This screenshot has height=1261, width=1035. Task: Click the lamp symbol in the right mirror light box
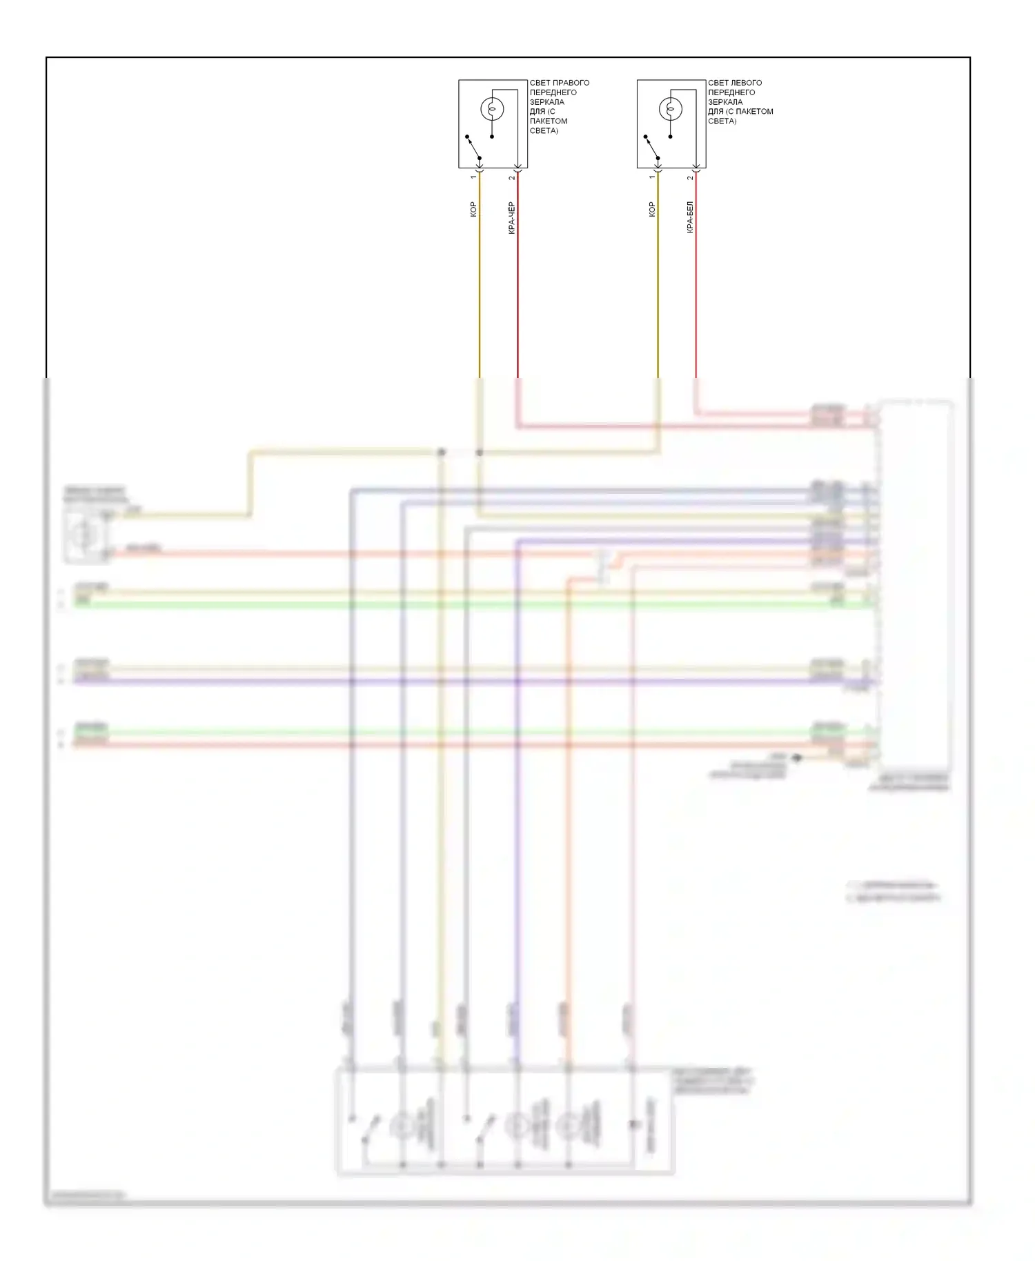(491, 109)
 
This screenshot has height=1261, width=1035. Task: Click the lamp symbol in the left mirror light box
(670, 109)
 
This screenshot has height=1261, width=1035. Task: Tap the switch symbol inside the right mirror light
(473, 147)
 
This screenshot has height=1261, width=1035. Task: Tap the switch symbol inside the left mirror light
(651, 147)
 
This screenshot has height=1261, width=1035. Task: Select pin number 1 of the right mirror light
(473, 177)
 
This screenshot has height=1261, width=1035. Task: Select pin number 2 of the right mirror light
(512, 178)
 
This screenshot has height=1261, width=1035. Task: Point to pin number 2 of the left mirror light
(690, 178)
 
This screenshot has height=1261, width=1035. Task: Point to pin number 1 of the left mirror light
(651, 177)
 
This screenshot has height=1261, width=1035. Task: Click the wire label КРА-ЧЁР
(511, 217)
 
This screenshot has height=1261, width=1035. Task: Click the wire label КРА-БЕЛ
(690, 217)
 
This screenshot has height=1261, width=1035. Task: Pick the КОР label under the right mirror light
(473, 209)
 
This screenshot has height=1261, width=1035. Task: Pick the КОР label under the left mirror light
(651, 209)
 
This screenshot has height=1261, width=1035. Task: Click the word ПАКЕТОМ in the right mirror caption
(549, 121)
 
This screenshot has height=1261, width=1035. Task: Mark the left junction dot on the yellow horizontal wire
(442, 453)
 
